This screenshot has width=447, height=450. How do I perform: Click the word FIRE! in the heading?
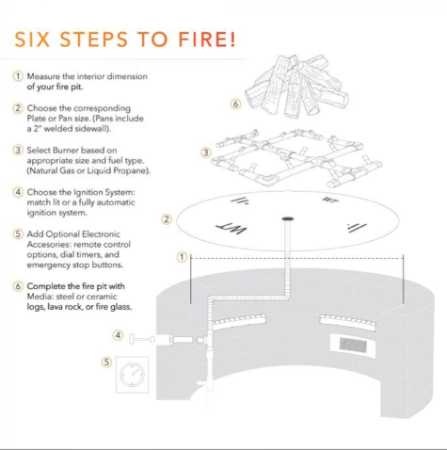coord(207,40)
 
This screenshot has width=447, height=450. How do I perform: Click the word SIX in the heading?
coord(32,40)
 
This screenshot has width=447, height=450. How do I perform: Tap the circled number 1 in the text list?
coord(18,76)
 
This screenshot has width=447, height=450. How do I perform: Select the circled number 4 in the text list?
coord(18,192)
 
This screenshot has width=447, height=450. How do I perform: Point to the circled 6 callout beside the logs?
coord(235,104)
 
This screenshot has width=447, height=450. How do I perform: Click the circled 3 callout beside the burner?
coord(206,153)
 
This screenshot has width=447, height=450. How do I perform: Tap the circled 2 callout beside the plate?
coord(167,219)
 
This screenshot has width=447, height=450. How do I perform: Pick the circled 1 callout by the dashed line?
coord(182,257)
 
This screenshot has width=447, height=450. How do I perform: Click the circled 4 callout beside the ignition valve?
coord(118,335)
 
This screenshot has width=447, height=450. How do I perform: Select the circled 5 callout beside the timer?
coord(106,362)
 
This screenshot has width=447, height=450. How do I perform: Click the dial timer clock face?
coord(132,375)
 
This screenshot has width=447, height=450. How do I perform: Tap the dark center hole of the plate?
coord(288,218)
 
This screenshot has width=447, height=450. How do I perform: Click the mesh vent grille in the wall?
coord(353,345)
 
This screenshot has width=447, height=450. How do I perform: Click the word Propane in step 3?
coord(131,171)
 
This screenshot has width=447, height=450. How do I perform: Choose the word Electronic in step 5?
coord(102,234)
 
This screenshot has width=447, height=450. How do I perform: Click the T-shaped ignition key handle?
coord(142,339)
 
